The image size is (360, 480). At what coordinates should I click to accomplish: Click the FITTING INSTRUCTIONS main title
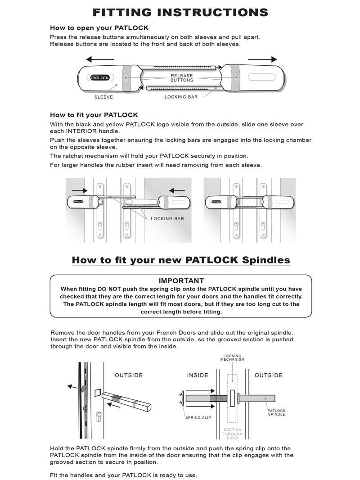coord(180,12)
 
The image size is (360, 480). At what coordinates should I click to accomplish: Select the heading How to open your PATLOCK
coord(99,28)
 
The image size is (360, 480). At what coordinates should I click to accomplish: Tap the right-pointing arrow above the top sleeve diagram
coord(262,59)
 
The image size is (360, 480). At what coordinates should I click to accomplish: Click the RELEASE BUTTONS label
coord(182,78)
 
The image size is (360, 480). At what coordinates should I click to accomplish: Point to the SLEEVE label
coord(103,97)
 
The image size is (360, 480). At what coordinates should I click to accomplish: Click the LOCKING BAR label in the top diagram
coord(181,97)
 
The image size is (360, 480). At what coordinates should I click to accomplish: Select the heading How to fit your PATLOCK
coord(94,115)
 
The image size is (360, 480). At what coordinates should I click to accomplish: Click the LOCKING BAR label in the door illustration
coord(167,218)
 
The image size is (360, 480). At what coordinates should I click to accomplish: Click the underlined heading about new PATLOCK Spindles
coord(180,260)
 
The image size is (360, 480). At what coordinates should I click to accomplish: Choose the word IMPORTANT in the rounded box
coord(181,281)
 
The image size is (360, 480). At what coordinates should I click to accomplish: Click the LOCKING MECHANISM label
coord(232,358)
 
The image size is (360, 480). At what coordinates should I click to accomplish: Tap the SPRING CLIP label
coord(198,418)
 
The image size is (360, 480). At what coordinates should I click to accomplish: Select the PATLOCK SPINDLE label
coord(276,412)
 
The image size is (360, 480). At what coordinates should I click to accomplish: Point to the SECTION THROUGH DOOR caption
coord(232,434)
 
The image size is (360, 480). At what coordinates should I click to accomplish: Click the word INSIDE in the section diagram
coord(198,375)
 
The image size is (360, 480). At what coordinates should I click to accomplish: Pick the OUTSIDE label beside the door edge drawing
coord(129,375)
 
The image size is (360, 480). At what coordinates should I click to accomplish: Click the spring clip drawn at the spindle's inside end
coord(181,398)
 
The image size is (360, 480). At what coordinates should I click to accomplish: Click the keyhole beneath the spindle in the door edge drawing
coord(99,415)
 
